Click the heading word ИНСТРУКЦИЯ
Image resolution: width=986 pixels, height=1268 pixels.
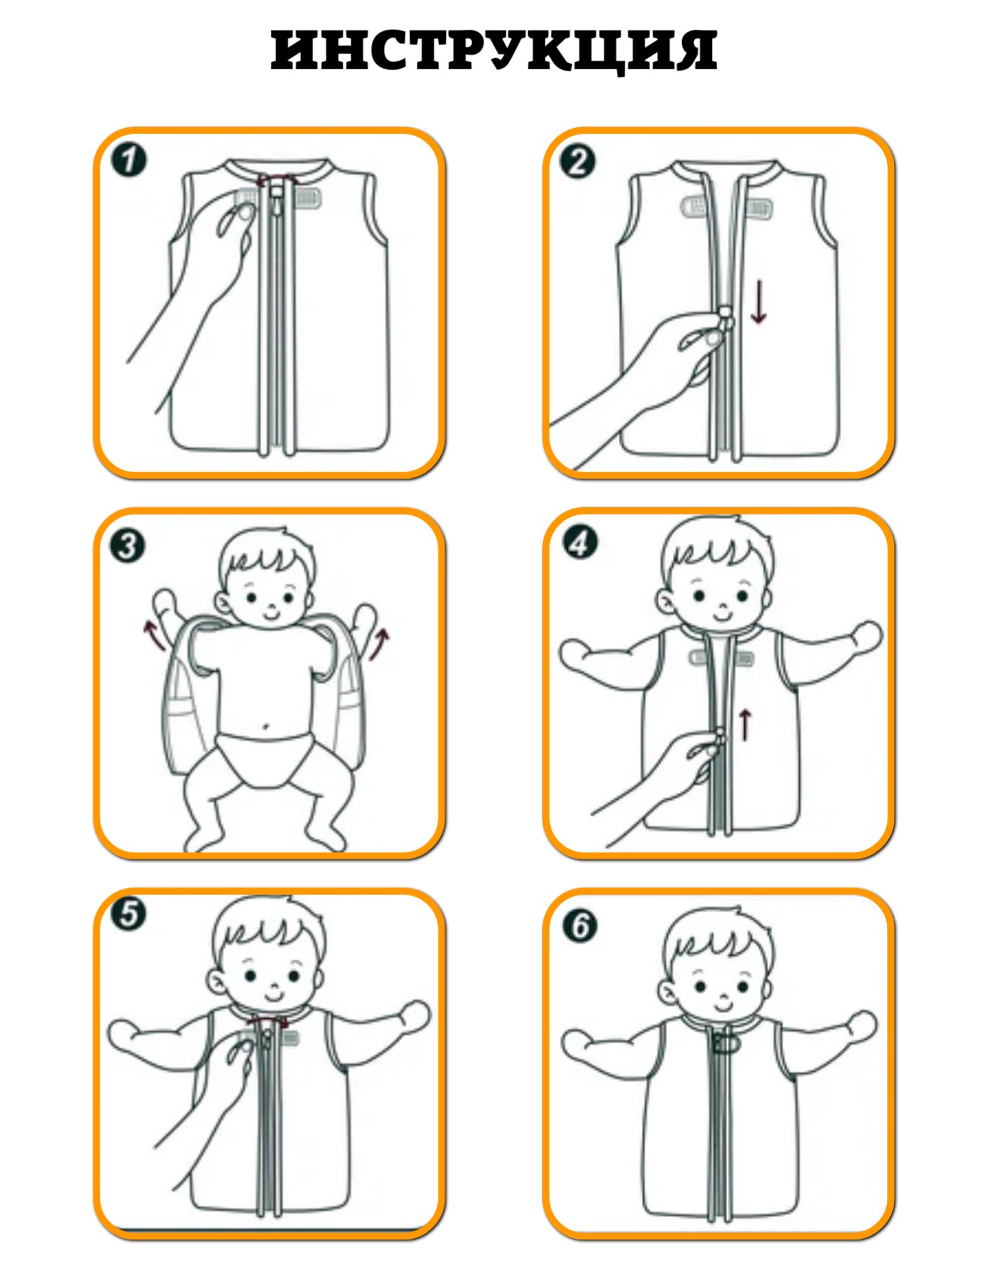tap(493, 50)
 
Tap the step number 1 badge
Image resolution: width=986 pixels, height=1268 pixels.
tap(129, 160)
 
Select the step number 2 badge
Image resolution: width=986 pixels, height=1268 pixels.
tap(578, 162)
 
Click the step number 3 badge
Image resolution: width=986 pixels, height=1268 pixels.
tap(127, 546)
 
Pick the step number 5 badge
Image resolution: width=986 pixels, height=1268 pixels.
tap(129, 915)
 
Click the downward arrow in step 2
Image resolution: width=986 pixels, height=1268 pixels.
tap(759, 302)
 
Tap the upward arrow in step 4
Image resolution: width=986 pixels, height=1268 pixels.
tap(745, 724)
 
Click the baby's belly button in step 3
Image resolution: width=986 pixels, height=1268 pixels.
tap(266, 726)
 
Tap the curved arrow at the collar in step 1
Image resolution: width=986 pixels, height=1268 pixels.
tap(276, 178)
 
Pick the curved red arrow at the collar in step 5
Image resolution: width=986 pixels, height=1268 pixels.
tap(267, 1022)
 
